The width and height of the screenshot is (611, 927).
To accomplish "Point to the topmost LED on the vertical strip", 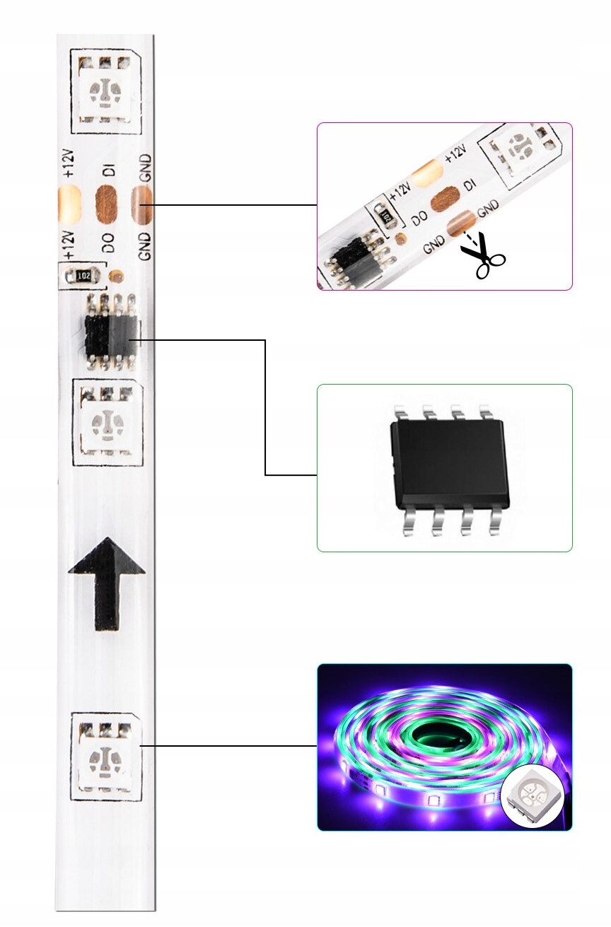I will [x=106, y=92].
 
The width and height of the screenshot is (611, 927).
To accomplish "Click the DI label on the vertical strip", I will [x=108, y=170].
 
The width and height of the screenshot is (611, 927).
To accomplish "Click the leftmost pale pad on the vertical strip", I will [x=69, y=202].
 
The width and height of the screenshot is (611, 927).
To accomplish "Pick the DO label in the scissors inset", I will [x=419, y=216].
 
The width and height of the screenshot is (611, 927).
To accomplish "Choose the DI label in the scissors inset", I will [x=468, y=185].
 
